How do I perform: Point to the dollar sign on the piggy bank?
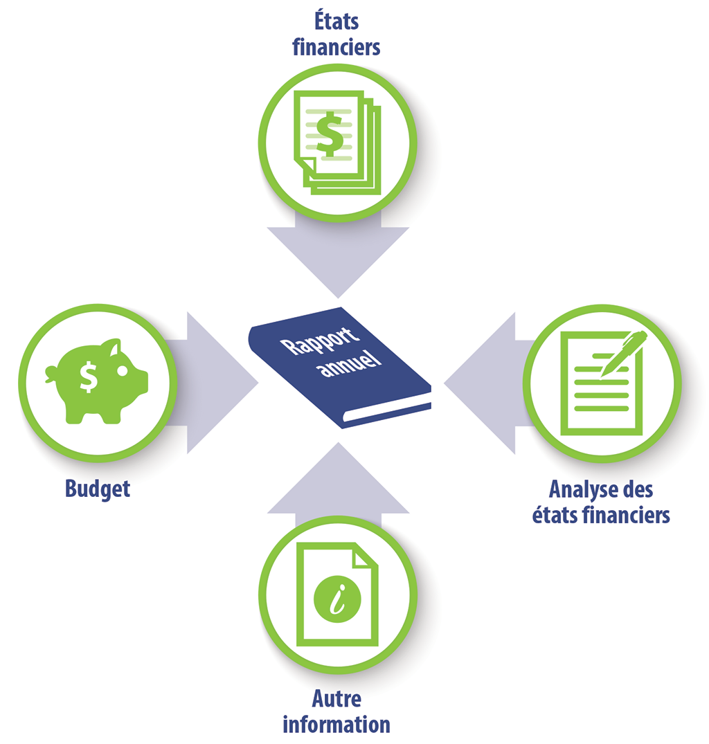88,376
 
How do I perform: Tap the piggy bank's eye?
122,371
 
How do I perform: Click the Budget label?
98,489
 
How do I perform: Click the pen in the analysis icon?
623,353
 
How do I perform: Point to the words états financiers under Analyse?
601,515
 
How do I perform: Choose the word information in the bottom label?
336,724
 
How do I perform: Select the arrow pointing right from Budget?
215,383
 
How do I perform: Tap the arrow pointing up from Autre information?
338,484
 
